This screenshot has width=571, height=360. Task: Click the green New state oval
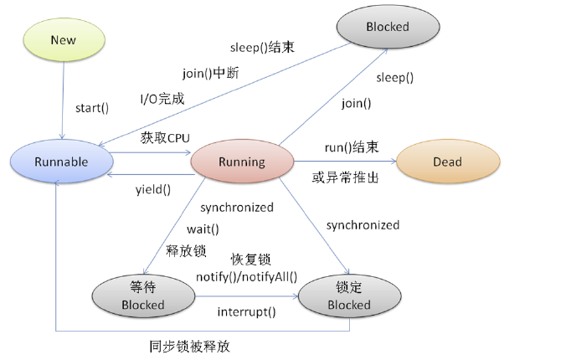64,39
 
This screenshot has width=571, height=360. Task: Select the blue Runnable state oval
62,162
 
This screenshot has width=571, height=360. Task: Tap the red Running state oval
242,162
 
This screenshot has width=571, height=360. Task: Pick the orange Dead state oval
448,162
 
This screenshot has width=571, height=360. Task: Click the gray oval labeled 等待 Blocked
143,296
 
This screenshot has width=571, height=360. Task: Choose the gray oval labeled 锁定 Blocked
350,296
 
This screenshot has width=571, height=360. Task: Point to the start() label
92,108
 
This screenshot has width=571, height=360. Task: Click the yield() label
153,190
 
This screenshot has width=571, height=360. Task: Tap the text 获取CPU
165,138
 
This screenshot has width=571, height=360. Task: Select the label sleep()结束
262,48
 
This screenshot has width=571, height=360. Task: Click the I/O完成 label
162,99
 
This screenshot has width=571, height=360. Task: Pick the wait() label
203,229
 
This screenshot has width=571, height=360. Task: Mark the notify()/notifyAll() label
246,277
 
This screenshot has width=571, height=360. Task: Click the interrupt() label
246,312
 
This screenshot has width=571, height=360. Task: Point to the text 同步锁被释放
190,346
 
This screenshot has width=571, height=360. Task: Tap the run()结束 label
352,147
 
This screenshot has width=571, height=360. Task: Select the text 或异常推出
345,177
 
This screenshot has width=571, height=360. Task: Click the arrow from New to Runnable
63,100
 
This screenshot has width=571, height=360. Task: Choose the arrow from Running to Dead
345,161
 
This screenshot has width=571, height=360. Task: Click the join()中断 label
211,73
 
